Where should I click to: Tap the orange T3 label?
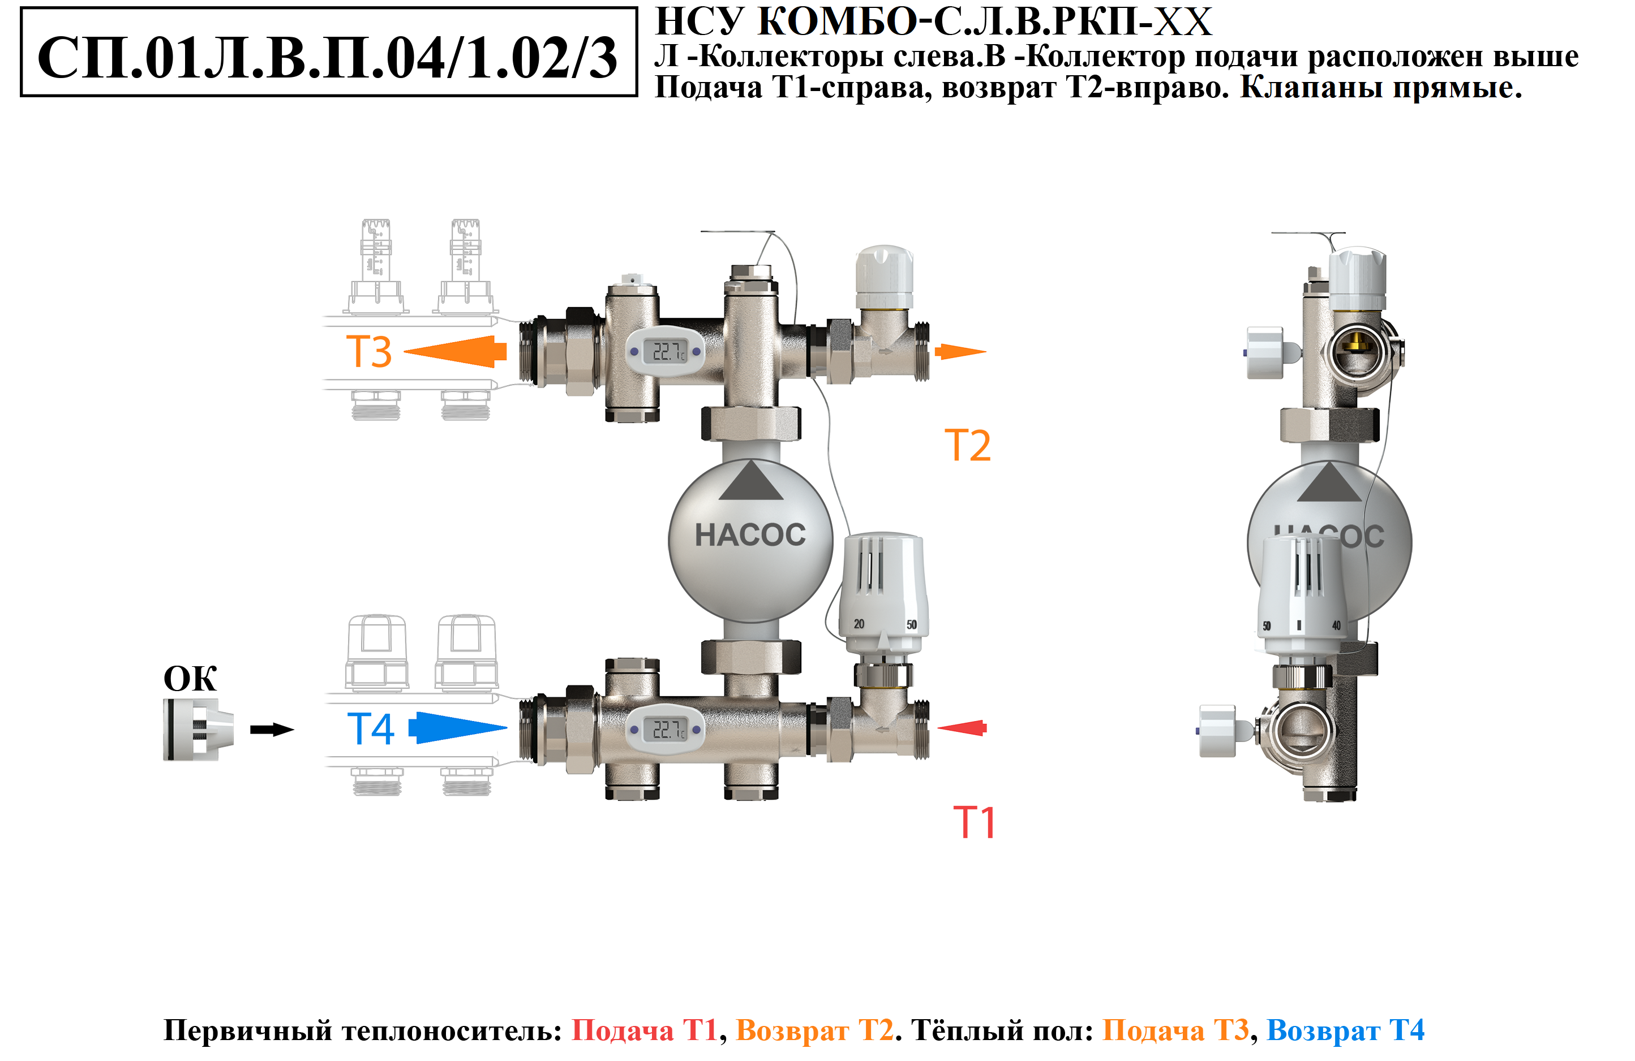point(369,352)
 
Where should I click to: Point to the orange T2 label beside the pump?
point(967,445)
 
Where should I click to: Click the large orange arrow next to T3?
point(456,352)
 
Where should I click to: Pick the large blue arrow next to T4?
point(457,727)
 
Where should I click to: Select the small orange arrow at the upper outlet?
point(960,352)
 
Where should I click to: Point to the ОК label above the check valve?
point(190,679)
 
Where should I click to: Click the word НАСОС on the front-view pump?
point(750,535)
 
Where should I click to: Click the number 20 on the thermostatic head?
point(859,624)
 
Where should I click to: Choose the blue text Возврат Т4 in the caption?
point(1345,1030)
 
